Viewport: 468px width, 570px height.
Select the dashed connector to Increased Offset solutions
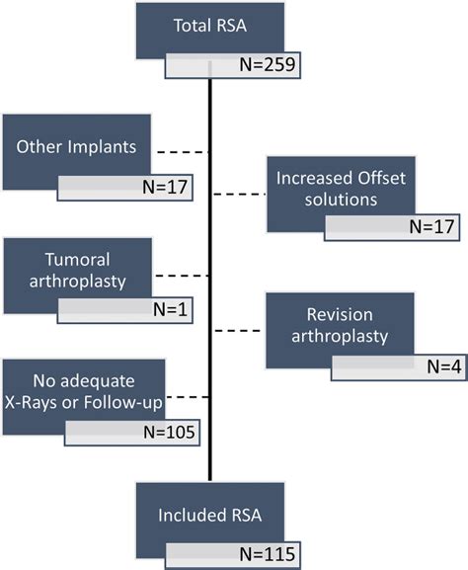239,194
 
